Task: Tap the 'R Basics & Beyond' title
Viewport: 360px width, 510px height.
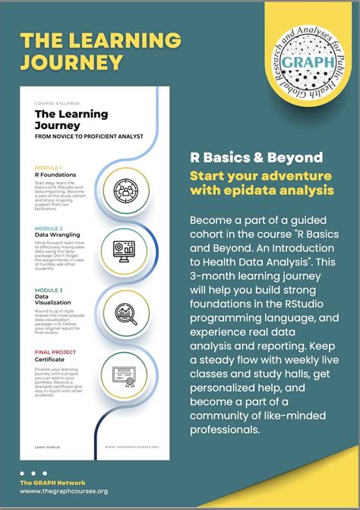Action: tap(257, 157)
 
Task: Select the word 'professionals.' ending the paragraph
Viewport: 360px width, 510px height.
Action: tap(226, 430)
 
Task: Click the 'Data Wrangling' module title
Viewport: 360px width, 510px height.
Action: tap(55, 235)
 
